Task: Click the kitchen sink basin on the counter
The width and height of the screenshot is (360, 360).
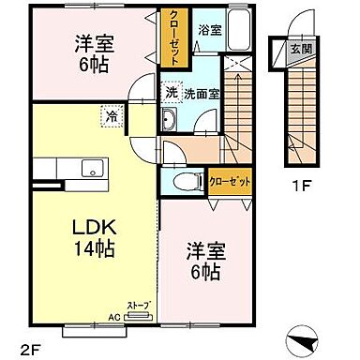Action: (x=94, y=168)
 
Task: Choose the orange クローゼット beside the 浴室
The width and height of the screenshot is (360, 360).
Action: (x=171, y=37)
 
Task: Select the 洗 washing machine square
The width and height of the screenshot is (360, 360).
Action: (x=171, y=93)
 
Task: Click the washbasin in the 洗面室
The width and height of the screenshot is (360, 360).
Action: (x=171, y=120)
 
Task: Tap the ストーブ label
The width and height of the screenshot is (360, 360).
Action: (x=138, y=307)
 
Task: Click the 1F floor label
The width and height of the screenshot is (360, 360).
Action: (x=299, y=186)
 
